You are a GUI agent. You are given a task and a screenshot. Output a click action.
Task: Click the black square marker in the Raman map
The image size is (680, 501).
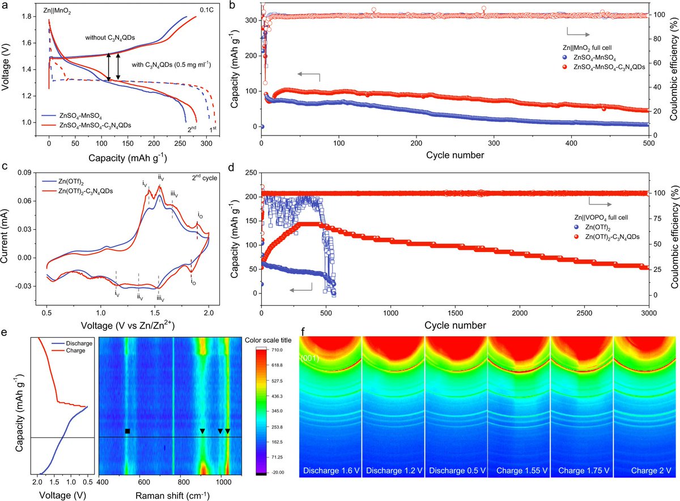(x=127, y=431)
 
